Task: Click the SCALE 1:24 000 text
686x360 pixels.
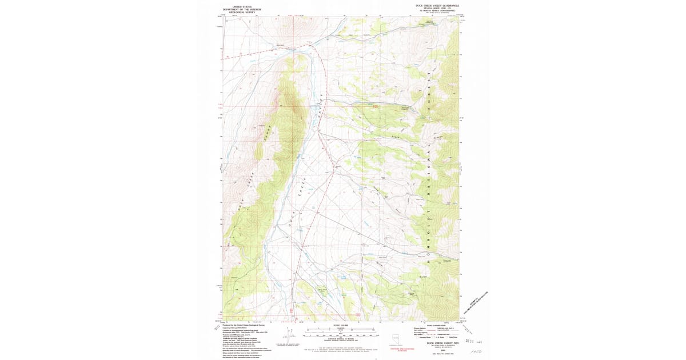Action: pos(341,326)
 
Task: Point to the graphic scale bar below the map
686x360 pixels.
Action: pos(341,330)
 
